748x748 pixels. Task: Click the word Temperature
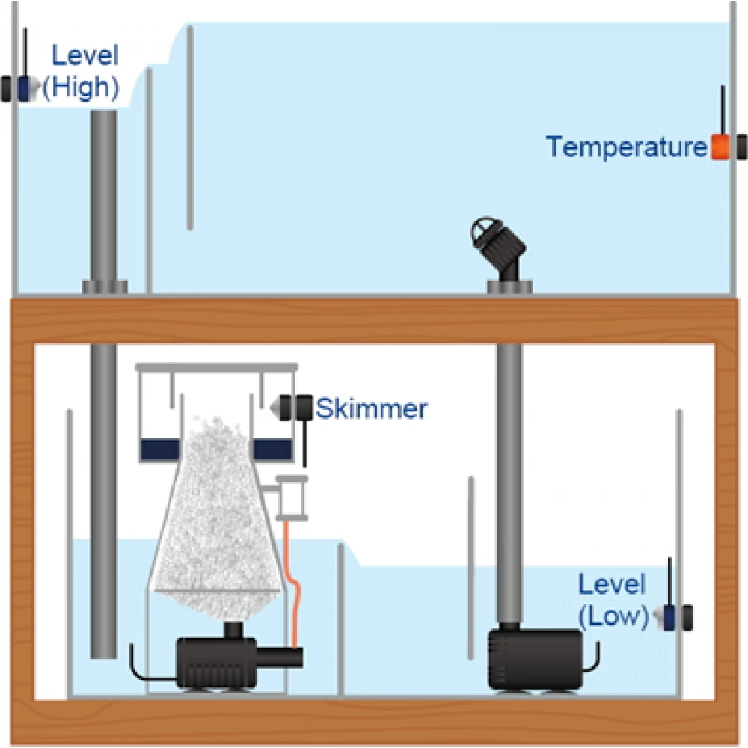(626, 147)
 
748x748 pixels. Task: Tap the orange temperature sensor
(719, 147)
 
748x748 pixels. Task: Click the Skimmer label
(371, 408)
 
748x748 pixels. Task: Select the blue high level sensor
(25, 88)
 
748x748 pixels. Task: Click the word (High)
(81, 88)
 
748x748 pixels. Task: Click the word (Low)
(613, 616)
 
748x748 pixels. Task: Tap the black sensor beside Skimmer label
(298, 407)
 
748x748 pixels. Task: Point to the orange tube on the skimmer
(294, 583)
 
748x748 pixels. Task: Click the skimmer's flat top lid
(216, 368)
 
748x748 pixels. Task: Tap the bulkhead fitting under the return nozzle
(511, 286)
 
